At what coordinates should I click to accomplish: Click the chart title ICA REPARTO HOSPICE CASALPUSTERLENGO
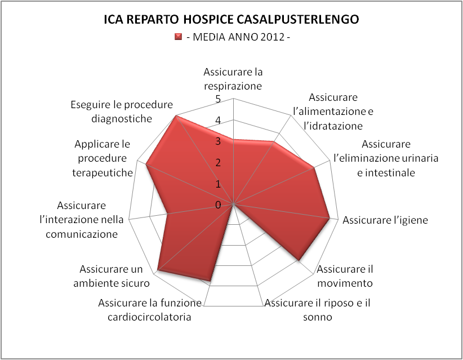[x=231, y=19]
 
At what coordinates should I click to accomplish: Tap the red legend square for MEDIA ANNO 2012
[x=178, y=37]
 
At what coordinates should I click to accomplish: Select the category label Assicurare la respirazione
[x=233, y=79]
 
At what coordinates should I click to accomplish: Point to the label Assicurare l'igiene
[x=385, y=220]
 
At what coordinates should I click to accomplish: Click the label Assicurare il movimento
[x=345, y=276]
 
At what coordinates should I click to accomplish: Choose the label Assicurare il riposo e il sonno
[x=318, y=310]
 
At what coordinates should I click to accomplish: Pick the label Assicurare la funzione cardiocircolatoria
[x=150, y=310]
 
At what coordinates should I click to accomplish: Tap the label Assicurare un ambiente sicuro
[x=112, y=276]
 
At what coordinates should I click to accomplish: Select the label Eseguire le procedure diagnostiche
[x=122, y=112]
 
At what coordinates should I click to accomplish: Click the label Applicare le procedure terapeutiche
[x=102, y=158]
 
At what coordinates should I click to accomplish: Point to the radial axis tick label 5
[x=218, y=99]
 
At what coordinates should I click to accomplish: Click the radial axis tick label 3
[x=218, y=141]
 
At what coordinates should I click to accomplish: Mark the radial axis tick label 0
[x=218, y=205]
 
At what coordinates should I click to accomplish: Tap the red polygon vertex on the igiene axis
[x=330, y=219]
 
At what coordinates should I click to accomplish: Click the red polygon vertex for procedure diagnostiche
[x=176, y=115]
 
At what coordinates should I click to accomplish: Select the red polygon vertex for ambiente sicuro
[x=157, y=270]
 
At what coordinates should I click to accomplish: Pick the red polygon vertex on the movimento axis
[x=300, y=261]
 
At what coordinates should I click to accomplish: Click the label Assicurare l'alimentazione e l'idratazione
[x=333, y=112]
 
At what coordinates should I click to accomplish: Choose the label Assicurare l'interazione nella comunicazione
[x=82, y=220]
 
